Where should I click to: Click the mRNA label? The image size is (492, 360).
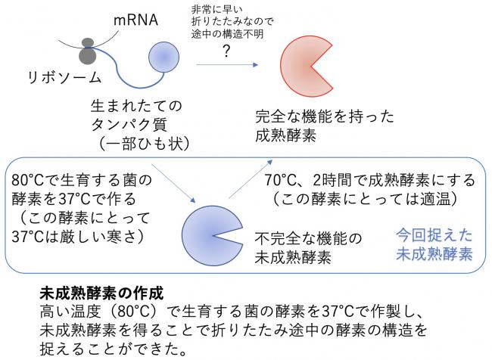[135, 20]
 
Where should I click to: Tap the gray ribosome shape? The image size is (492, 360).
[88, 52]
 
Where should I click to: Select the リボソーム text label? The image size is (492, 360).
[64, 77]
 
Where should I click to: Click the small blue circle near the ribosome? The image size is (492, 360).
[163, 57]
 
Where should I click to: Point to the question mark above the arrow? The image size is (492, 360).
[226, 51]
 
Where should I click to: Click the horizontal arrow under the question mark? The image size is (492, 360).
[227, 64]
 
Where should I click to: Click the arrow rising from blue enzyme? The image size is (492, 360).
[251, 179]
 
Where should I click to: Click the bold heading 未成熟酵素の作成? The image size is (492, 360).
[101, 293]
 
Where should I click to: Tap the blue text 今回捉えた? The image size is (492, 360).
[434, 235]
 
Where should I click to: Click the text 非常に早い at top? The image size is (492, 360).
[216, 9]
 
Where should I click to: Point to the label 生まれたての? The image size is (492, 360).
[136, 106]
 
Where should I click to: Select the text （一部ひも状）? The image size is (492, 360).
[144, 144]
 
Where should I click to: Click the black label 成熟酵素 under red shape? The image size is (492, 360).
[285, 135]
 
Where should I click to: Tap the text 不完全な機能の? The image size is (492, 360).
[308, 239]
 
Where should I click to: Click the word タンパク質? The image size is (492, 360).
[129, 125]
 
